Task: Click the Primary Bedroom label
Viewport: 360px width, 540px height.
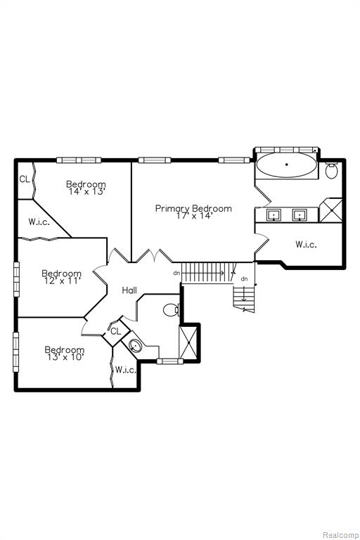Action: [193, 208]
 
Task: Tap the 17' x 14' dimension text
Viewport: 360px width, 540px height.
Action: [194, 216]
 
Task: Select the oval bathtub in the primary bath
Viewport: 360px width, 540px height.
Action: [287, 165]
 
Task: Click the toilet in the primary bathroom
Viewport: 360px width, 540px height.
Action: [332, 170]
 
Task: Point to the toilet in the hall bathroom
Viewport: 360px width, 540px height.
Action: [171, 310]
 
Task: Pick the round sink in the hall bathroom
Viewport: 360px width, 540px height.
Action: [135, 345]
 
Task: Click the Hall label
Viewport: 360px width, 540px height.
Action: [129, 290]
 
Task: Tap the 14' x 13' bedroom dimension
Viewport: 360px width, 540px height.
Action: [86, 191]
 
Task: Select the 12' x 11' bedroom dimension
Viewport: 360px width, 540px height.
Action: [63, 281]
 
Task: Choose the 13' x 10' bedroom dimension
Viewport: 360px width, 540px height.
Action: [65, 357]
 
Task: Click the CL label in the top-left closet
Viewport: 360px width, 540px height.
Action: [25, 179]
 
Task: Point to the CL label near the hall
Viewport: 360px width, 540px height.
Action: [116, 331]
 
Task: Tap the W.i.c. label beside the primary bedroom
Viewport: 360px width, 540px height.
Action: [306, 245]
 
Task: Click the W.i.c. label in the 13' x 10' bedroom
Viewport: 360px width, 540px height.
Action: [125, 370]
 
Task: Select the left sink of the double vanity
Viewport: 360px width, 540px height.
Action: [274, 215]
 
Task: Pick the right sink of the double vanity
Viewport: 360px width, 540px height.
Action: [300, 215]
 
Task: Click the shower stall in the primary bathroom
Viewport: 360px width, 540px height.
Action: [330, 210]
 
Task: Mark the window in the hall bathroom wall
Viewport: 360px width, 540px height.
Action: [170, 361]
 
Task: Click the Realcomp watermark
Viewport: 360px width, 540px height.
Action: [340, 535]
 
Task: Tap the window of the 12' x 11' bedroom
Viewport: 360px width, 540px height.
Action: [16, 279]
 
